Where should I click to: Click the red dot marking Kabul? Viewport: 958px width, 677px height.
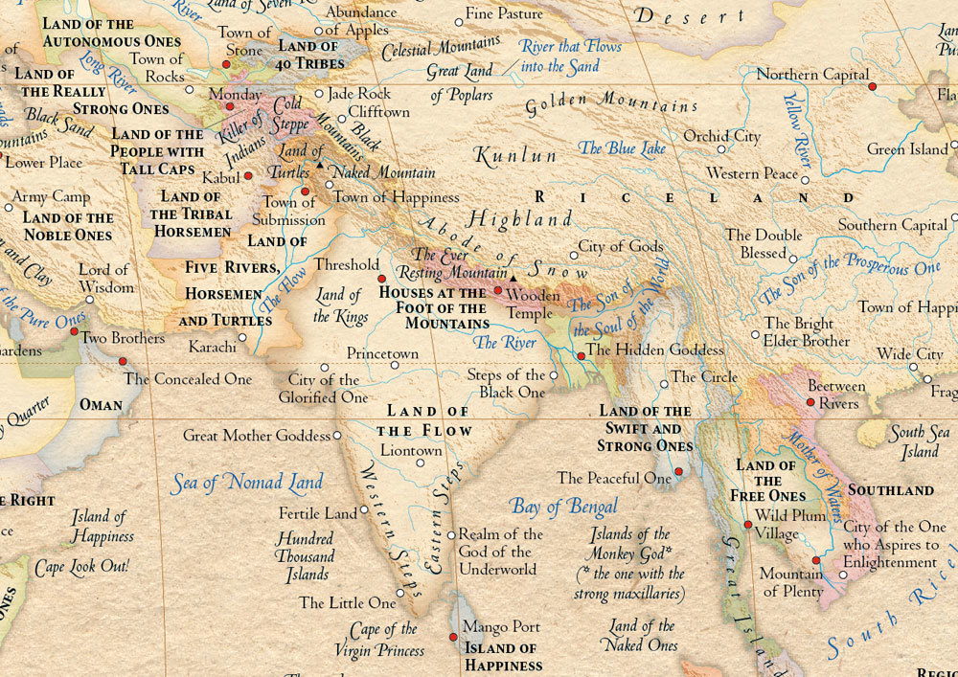pos(248,176)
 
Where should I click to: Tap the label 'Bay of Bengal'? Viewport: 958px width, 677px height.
pos(563,507)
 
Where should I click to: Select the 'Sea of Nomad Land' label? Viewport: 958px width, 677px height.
pos(247,482)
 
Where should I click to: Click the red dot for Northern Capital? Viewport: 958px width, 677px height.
pos(872,87)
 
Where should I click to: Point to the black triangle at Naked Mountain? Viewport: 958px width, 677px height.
pos(320,166)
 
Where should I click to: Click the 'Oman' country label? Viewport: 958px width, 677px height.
pos(101,405)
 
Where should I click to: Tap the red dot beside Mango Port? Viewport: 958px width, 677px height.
pos(453,637)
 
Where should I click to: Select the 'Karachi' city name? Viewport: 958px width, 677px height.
pos(212,347)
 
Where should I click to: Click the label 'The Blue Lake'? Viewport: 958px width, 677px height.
pos(622,148)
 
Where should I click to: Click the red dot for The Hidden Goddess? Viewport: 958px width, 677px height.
pos(581,356)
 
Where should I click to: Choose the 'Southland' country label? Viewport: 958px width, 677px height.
pos(891,490)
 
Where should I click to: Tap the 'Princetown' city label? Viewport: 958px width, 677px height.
pos(382,353)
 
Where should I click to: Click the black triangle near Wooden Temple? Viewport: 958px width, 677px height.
pos(513,279)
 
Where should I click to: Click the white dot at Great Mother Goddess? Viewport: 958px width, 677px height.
pos(338,436)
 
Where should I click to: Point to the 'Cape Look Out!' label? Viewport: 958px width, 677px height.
pos(81,567)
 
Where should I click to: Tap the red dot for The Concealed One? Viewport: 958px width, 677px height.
pos(123,361)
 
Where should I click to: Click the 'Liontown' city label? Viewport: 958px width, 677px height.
pos(411,450)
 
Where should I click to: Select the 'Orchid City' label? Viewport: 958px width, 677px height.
pos(721,137)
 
